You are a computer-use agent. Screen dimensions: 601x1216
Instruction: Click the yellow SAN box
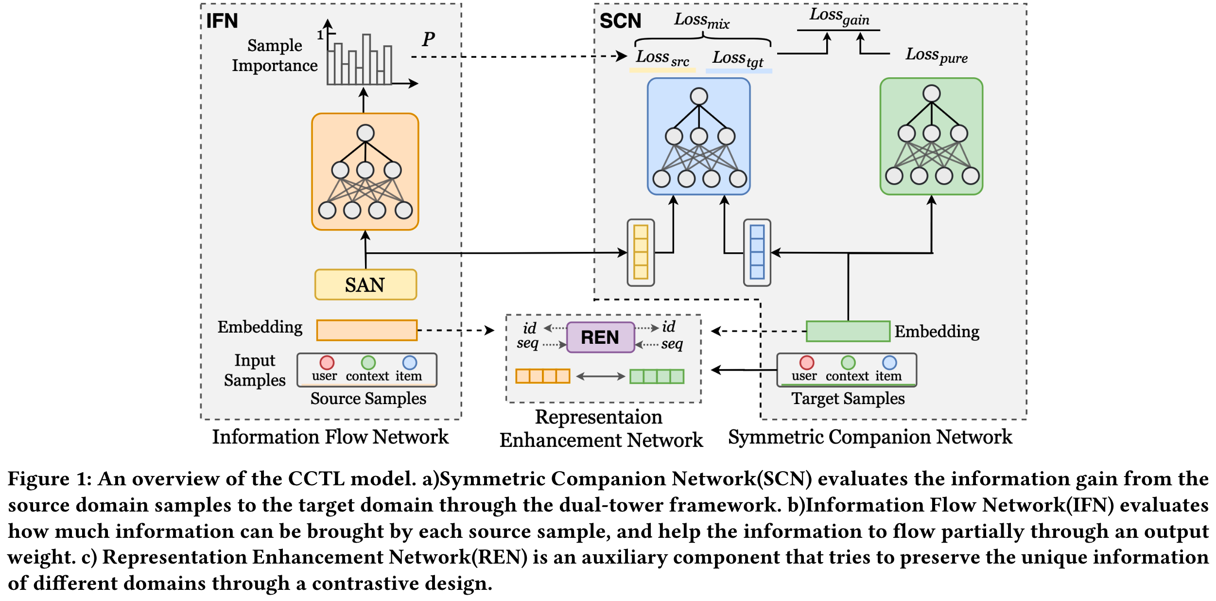(x=365, y=284)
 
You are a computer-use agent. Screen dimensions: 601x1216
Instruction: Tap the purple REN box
(x=600, y=337)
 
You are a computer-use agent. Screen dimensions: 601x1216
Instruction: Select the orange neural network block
(x=365, y=172)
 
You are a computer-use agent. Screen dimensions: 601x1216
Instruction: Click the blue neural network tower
(x=698, y=137)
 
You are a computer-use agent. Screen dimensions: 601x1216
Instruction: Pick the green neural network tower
(x=931, y=137)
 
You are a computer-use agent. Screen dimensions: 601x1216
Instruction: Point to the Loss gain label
(x=839, y=17)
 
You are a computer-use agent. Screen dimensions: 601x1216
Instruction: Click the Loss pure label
(x=936, y=55)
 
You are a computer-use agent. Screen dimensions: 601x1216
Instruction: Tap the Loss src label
(x=662, y=58)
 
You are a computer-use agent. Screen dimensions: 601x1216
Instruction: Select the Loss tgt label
(x=738, y=59)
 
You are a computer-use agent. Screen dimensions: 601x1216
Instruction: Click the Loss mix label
(x=701, y=20)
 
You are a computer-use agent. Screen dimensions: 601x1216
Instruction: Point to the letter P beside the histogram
(x=428, y=39)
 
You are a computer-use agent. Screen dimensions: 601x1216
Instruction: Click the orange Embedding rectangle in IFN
(x=366, y=330)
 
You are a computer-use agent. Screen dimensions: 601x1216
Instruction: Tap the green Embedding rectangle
(x=848, y=331)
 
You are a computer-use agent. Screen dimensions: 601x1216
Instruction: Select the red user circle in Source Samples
(x=327, y=363)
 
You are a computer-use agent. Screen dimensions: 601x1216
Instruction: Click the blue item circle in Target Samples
(x=889, y=363)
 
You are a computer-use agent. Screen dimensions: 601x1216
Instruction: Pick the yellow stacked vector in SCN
(x=641, y=252)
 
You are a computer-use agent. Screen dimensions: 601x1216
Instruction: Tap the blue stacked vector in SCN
(x=757, y=252)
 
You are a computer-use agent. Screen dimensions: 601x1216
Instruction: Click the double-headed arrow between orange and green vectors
(x=600, y=376)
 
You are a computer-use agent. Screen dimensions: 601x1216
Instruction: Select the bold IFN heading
(x=222, y=21)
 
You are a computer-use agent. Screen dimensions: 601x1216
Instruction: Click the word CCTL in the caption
(x=316, y=479)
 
